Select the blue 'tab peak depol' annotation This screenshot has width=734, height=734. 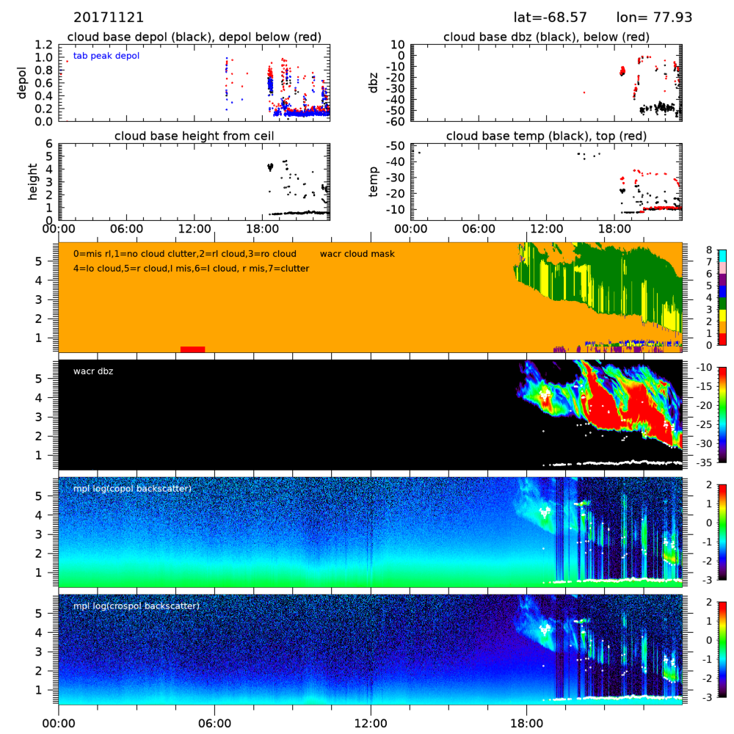click(x=106, y=56)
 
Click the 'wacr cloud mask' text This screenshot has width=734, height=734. click(x=357, y=254)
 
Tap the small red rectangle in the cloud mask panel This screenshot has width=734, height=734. click(x=192, y=349)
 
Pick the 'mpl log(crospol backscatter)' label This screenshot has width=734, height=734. click(x=137, y=606)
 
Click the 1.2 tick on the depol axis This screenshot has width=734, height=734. click(x=44, y=45)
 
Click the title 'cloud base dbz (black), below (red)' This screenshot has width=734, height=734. click(x=546, y=37)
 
